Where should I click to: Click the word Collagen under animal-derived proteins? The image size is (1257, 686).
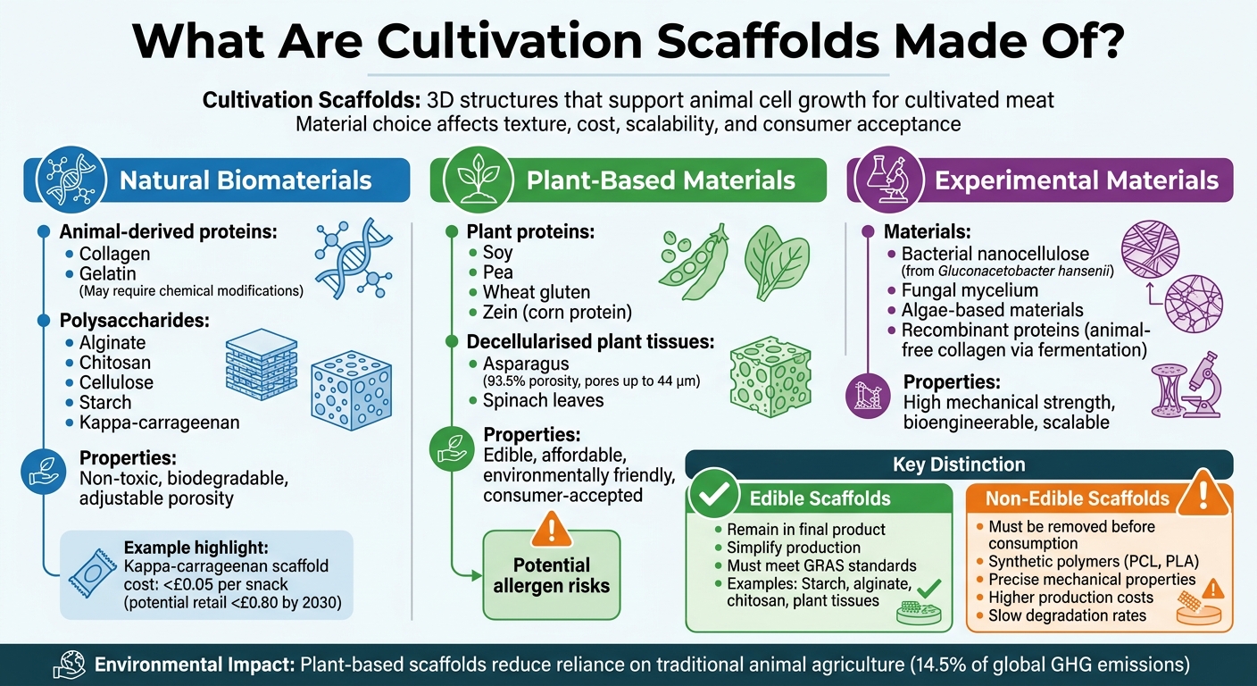(114, 253)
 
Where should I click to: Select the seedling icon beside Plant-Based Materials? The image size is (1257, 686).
(470, 180)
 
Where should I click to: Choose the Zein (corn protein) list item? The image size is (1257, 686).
(557, 313)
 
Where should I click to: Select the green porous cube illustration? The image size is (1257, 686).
(767, 376)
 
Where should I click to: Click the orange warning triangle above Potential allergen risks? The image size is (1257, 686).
(551, 531)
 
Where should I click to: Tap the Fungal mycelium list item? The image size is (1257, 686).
(970, 290)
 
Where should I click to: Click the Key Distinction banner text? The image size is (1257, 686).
(959, 464)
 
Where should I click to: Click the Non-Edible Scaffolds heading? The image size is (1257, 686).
(1078, 498)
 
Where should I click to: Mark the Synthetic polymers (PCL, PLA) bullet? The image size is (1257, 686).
(1094, 562)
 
